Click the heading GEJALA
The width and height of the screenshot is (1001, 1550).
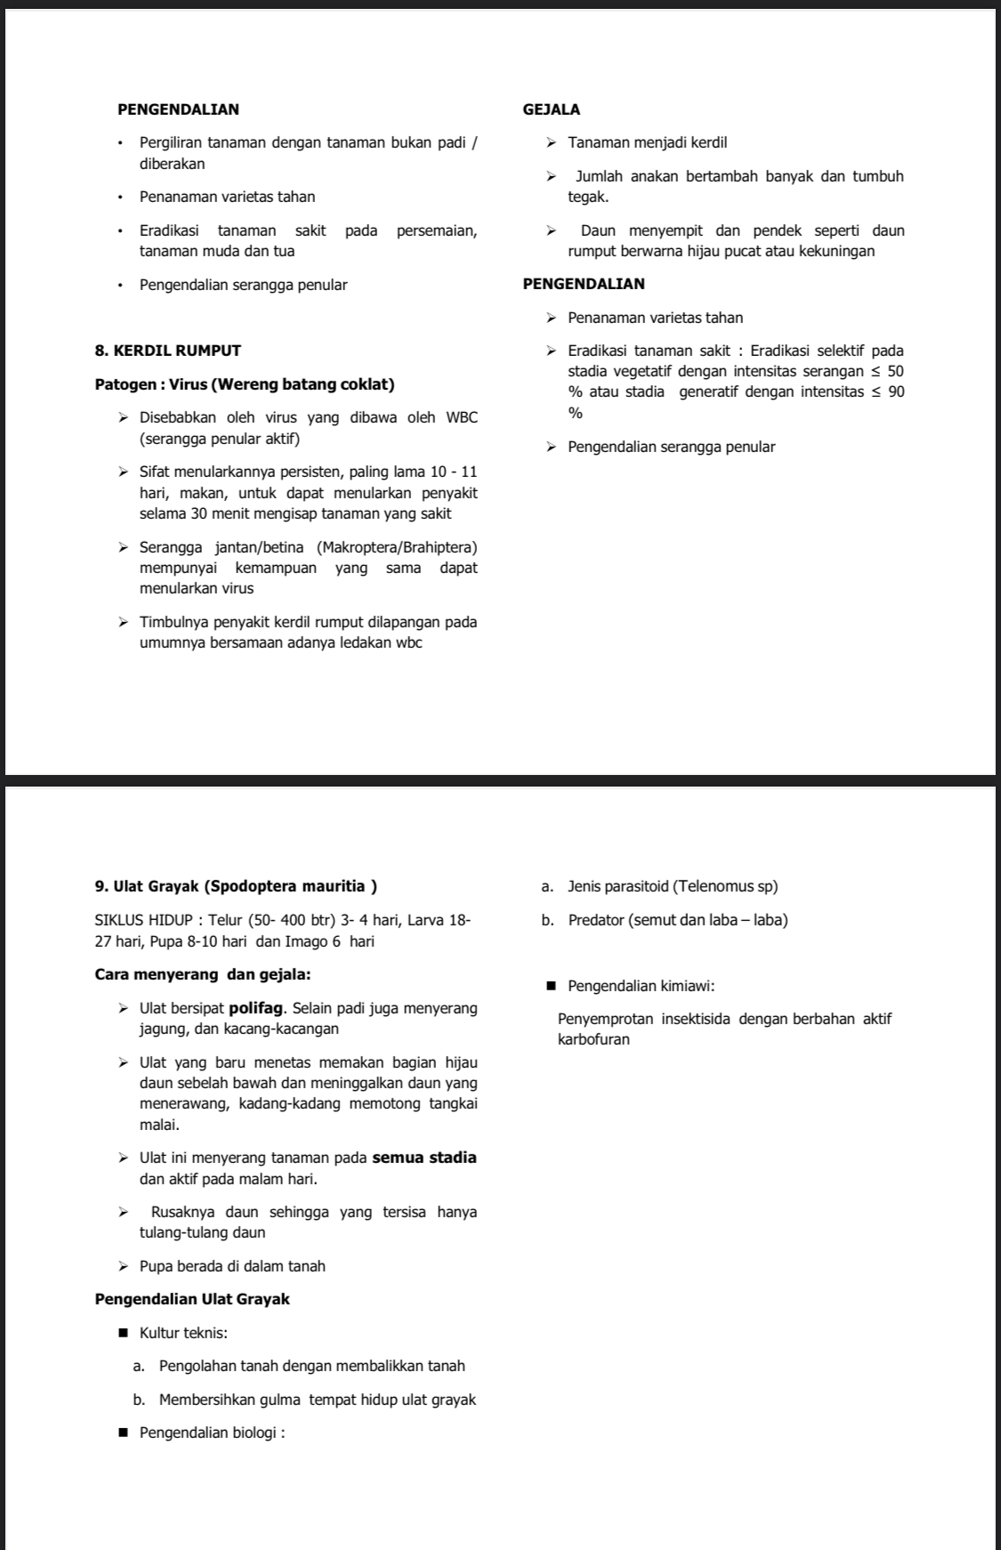point(552,110)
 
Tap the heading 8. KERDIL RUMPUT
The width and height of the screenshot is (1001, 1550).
point(167,351)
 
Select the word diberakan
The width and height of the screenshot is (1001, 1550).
point(172,165)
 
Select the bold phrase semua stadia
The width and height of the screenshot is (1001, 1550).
point(424,1158)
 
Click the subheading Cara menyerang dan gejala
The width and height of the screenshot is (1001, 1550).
point(202,974)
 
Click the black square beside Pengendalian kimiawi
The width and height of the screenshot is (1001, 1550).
point(551,986)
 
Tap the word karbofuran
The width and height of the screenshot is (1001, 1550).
point(593,1040)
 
